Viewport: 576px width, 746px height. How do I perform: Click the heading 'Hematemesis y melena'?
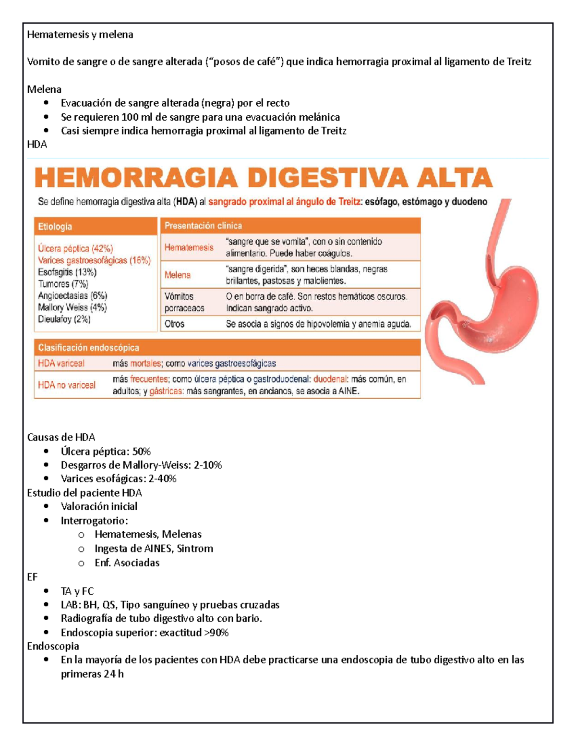[80, 35]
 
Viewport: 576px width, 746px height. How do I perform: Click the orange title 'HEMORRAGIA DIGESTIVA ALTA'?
[264, 178]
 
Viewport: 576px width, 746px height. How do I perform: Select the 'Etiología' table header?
[55, 226]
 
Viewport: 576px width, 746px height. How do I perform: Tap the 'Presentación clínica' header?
[203, 225]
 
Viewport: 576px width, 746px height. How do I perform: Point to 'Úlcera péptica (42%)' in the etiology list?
[75, 248]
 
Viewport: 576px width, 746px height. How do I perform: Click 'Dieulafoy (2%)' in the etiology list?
[64, 319]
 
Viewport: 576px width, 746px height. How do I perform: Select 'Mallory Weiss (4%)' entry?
[72, 307]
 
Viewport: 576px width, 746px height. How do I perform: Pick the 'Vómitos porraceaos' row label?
[184, 302]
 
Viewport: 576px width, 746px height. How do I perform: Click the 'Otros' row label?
[174, 324]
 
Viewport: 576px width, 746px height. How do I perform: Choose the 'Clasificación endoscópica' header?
[88, 347]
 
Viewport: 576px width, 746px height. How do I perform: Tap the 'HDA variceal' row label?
[61, 363]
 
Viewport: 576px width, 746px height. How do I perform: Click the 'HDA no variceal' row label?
[67, 385]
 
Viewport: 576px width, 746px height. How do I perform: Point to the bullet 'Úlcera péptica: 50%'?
[106, 452]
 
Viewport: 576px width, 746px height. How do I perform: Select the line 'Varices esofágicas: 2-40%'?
[119, 478]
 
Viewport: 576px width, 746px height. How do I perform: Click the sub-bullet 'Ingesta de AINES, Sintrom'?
[154, 549]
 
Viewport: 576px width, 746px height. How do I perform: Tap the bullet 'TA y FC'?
[77, 591]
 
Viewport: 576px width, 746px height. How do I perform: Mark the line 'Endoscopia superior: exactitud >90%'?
[144, 632]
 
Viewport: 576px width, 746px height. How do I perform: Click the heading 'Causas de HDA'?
[61, 437]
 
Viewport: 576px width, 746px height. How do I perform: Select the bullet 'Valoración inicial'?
[99, 506]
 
